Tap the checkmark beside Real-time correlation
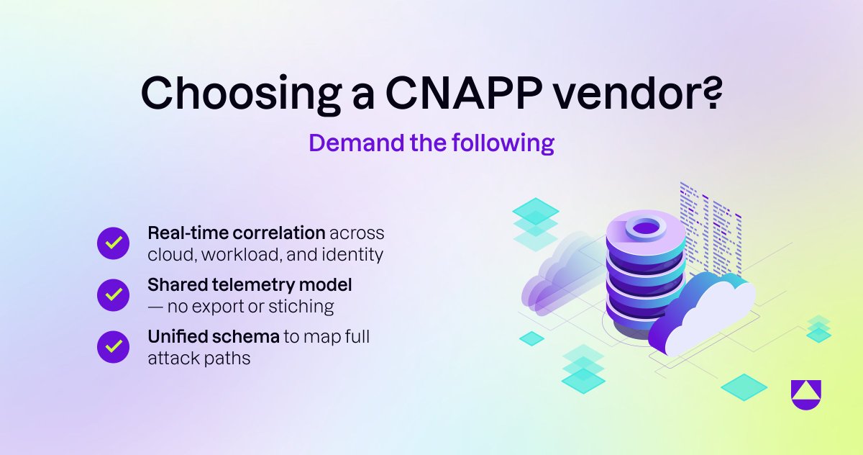113,243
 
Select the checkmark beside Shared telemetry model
113,295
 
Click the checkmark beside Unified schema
113,347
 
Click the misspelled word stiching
300,306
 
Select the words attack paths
198,358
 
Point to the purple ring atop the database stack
646,229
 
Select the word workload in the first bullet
241,254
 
